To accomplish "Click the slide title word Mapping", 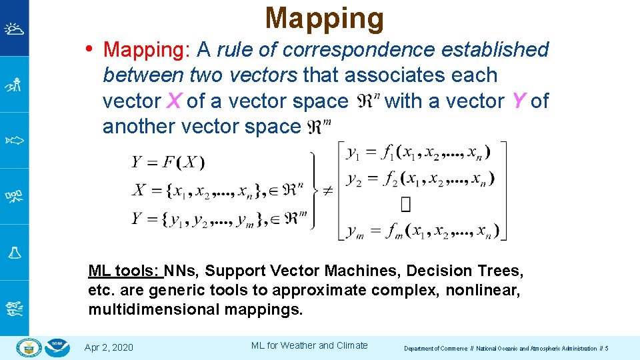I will tap(324, 19).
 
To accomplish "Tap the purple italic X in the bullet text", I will tap(173, 101).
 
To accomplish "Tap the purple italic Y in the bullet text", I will tap(519, 101).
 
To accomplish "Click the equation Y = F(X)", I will tap(168, 162).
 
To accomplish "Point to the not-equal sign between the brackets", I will tap(327, 190).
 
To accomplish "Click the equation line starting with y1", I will tap(418, 153).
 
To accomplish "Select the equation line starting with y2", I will tap(420, 179).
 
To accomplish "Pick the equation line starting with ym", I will tap(420, 231).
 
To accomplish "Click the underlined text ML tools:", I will tap(124, 271).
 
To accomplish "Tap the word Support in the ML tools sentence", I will tap(236, 271).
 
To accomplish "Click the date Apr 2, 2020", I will tap(109, 347).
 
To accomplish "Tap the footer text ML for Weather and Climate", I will tap(309, 345).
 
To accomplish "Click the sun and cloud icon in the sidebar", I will tap(14, 29).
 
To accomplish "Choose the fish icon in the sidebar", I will tap(14, 141).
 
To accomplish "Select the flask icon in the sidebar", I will tap(14, 253).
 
